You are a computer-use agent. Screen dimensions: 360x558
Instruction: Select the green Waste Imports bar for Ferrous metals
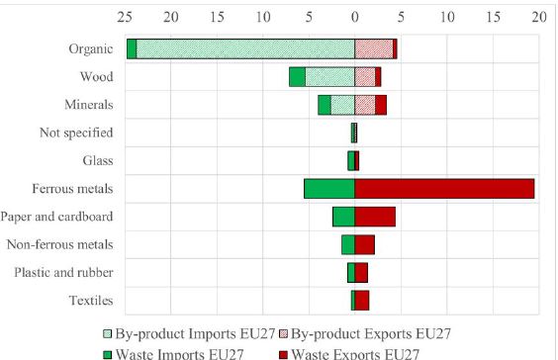328,189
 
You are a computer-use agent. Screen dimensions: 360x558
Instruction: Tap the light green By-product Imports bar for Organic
245,48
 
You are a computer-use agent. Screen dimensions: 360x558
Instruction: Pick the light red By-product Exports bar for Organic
373,48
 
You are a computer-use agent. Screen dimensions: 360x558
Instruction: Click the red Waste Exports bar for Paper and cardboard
375,217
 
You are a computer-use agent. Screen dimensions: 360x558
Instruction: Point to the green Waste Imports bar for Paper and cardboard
343,217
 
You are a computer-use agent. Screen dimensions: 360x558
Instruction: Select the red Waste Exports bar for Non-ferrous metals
364,245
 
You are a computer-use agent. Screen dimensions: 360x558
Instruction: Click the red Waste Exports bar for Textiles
362,301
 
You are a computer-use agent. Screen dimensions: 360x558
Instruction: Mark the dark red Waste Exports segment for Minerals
381,105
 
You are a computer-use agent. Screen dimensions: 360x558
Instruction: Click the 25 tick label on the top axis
125,17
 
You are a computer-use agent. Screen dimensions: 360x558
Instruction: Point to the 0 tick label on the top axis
355,17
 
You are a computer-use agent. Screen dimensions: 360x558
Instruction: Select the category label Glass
97,160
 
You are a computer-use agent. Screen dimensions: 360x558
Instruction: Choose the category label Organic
90,48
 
